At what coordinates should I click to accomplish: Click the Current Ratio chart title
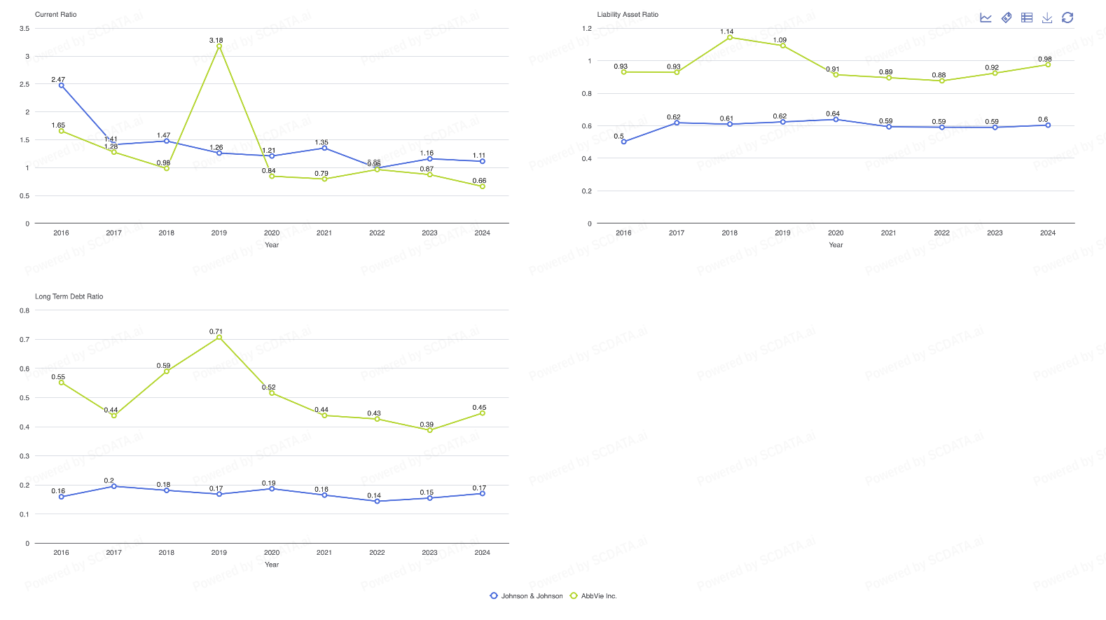point(56,15)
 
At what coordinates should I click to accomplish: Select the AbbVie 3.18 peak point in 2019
point(219,46)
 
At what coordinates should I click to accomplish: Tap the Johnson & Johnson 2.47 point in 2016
point(62,85)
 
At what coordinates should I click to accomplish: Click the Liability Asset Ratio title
point(628,15)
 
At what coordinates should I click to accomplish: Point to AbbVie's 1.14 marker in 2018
point(730,38)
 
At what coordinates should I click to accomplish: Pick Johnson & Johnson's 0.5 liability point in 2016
point(624,142)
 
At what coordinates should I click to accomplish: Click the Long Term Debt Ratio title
point(69,297)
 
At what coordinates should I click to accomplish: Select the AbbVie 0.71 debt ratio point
point(219,338)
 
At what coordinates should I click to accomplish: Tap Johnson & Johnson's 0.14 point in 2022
point(377,502)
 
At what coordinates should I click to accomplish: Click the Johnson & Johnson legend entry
point(527,596)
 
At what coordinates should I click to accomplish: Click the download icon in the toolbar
point(1047,18)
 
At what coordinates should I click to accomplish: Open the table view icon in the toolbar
point(1027,18)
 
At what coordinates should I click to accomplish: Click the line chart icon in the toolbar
point(986,18)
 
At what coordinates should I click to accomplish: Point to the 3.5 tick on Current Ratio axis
point(25,29)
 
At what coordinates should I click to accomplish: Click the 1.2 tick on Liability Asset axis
point(587,29)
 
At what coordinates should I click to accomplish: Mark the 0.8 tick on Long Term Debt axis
point(25,310)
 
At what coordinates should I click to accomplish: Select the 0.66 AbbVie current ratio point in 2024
point(482,186)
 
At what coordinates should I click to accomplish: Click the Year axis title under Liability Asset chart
point(836,245)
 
